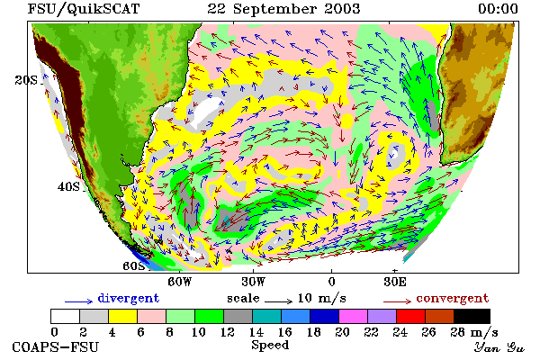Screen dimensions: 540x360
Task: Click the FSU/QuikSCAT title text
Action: tap(84, 9)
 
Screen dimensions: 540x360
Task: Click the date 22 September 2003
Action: tap(283, 9)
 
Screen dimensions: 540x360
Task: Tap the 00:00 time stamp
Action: tap(498, 9)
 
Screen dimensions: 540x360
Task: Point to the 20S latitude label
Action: tap(26, 80)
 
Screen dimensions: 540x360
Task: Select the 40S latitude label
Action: tap(68, 186)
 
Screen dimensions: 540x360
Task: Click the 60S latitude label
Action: tap(134, 266)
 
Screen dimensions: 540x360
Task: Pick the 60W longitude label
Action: tap(179, 282)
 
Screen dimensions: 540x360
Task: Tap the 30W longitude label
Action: tap(254, 282)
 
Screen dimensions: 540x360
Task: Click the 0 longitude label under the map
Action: tap(331, 282)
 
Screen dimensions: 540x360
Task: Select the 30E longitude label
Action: tap(395, 282)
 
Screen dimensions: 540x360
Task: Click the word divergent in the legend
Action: tap(129, 298)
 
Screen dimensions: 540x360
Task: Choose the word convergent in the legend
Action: tap(453, 298)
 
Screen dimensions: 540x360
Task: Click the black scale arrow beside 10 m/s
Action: tap(279, 301)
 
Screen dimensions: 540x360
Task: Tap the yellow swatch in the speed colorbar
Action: tap(122, 316)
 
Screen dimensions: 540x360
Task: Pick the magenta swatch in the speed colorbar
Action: tap(354, 316)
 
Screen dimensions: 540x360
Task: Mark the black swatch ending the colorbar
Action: tap(472, 316)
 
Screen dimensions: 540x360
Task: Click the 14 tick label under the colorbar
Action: tap(256, 332)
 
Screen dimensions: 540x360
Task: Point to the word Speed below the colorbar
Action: tap(270, 346)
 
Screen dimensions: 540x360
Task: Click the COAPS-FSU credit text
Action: tap(56, 346)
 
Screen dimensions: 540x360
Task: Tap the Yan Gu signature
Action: tap(499, 347)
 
